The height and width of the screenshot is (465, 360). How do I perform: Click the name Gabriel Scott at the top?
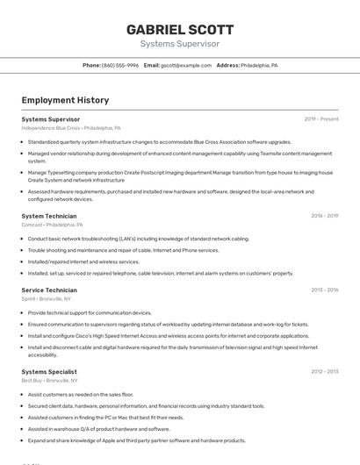(179, 28)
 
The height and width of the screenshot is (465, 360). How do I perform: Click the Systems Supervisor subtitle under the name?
(179, 43)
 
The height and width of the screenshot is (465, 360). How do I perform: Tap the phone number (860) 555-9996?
(119, 65)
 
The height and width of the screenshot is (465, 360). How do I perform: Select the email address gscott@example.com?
(186, 65)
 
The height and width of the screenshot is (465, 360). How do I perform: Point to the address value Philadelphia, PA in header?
(259, 65)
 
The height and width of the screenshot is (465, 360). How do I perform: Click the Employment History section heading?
(65, 100)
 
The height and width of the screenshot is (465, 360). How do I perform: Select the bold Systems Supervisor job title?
(50, 118)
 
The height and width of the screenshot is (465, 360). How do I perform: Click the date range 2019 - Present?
(320, 118)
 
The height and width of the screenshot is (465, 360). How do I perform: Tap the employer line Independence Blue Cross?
(70, 128)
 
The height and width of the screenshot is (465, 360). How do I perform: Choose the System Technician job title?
(48, 216)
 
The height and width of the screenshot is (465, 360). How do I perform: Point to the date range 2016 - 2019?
(324, 216)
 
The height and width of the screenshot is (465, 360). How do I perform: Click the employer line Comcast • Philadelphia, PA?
(58, 225)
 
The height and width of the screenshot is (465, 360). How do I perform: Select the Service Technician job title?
(49, 290)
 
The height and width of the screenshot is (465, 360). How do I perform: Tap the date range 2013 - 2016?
(324, 290)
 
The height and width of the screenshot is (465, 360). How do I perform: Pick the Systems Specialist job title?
(49, 372)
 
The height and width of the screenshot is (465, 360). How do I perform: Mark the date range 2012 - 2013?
(324, 372)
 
